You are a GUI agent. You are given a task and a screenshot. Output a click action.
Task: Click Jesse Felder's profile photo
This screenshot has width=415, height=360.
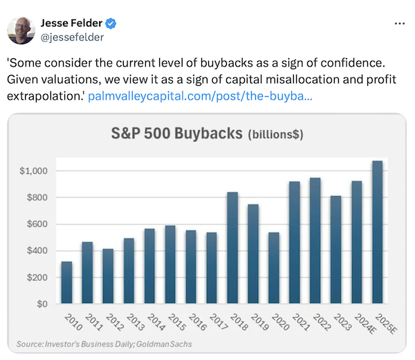21,30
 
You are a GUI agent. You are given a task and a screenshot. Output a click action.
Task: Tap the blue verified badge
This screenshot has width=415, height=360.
111,24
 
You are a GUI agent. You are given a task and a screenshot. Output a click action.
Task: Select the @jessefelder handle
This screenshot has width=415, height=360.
74,37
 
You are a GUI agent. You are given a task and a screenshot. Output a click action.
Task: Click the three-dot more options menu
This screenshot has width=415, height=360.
399,24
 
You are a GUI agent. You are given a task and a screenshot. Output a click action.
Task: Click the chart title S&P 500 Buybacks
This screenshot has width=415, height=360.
176,133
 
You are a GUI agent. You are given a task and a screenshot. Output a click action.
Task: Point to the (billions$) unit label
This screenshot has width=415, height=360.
275,134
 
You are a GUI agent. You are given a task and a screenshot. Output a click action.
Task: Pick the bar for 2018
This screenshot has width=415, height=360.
233,248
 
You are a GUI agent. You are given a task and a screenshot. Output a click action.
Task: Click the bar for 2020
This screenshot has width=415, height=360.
275,268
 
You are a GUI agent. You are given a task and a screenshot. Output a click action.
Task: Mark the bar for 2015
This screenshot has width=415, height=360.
170,264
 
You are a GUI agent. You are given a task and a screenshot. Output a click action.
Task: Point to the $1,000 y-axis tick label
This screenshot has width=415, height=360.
34,171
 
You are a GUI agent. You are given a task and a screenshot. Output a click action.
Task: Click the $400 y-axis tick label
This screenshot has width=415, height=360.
37,251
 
